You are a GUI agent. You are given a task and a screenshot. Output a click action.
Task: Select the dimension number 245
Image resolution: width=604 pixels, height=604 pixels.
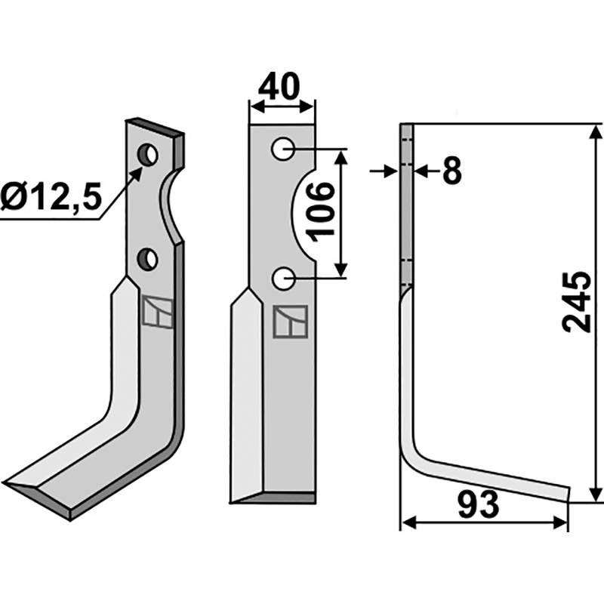click(576, 302)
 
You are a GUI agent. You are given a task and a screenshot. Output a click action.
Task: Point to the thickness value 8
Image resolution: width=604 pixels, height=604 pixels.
click(451, 172)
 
